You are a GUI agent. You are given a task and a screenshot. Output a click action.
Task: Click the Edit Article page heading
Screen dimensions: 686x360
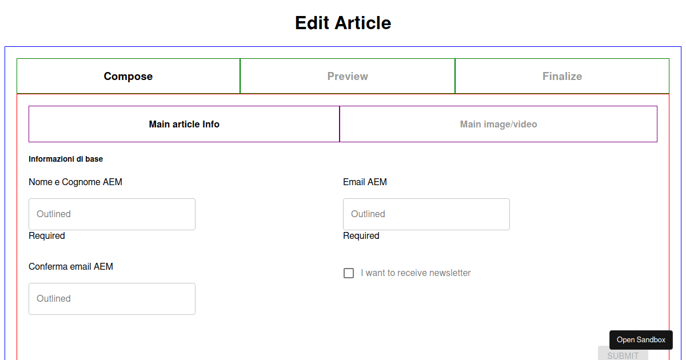pos(343,23)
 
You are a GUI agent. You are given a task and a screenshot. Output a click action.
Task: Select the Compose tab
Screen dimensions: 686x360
pos(128,76)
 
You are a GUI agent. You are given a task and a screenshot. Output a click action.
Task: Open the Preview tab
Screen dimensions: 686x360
pos(348,76)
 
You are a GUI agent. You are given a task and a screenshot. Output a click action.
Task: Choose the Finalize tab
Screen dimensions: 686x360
pos(563,76)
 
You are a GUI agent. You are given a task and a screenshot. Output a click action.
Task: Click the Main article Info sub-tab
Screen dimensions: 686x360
pos(184,124)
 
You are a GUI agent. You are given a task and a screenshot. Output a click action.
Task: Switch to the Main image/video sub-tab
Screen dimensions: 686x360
pos(498,124)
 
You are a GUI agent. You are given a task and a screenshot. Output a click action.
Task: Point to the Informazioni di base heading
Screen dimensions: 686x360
pos(66,159)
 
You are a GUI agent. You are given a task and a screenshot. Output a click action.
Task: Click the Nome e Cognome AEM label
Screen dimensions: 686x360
pos(75,182)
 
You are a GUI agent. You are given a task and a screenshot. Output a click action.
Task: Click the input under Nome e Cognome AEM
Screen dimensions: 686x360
pos(112,214)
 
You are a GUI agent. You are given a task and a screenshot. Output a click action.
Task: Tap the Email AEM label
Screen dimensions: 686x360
pos(365,182)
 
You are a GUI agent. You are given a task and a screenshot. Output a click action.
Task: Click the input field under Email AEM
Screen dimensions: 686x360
pos(426,214)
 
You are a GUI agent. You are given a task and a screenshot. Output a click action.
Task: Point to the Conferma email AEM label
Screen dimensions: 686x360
pos(71,266)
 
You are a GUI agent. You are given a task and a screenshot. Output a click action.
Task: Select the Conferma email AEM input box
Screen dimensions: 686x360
pos(112,298)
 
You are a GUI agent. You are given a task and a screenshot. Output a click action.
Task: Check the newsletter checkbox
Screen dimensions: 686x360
pos(349,273)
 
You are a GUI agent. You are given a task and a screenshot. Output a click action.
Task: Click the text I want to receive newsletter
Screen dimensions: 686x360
pos(416,273)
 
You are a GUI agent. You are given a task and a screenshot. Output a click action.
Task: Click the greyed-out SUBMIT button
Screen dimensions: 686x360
pos(623,354)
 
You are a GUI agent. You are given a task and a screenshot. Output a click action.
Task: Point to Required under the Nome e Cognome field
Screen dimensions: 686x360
pos(47,235)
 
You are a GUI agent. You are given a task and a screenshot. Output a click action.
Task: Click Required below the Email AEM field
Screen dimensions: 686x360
pos(361,235)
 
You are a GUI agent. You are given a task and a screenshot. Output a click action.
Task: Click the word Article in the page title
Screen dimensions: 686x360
pos(363,23)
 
